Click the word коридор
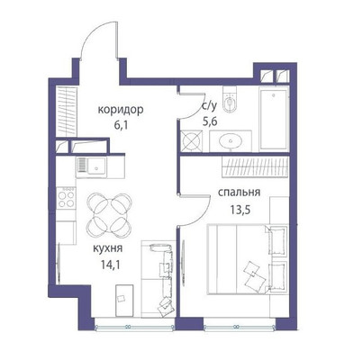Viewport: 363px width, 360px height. (x=123, y=110)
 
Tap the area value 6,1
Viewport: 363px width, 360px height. (x=121, y=126)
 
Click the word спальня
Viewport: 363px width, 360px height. (x=240, y=193)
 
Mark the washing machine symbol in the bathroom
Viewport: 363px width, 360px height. (x=192, y=141)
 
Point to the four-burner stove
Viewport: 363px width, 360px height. (x=66, y=195)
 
